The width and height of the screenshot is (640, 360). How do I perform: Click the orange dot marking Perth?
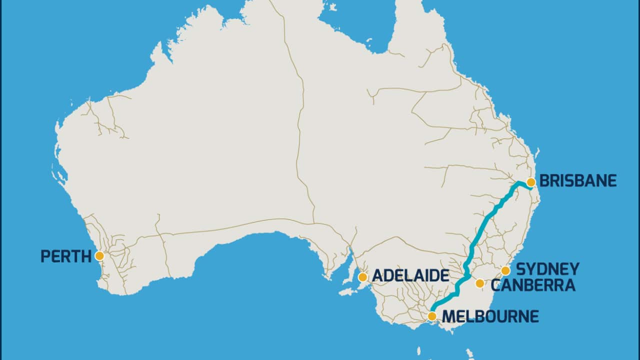click(x=99, y=256)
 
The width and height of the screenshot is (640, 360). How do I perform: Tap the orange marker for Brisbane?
click(x=531, y=182)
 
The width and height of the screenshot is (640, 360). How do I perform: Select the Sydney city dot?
click(x=505, y=270)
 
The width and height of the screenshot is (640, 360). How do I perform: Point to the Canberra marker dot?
click(x=480, y=283)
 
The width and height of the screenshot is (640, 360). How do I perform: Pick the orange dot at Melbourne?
click(x=432, y=316)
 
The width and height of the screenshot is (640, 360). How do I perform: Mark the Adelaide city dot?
click(x=363, y=276)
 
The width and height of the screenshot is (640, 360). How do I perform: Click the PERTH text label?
click(x=66, y=256)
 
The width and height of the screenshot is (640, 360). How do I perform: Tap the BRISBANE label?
click(x=577, y=180)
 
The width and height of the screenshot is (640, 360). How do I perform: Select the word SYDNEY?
click(x=547, y=269)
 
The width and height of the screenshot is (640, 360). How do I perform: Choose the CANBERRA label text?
click(x=533, y=285)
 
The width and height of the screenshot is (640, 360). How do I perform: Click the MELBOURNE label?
click(x=490, y=316)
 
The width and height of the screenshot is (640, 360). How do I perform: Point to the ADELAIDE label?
click(x=410, y=276)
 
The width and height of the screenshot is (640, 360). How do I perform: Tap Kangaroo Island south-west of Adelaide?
click(x=348, y=291)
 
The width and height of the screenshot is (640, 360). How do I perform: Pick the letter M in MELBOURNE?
click(x=448, y=316)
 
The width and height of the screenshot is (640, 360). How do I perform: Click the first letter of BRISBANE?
click(x=544, y=180)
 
